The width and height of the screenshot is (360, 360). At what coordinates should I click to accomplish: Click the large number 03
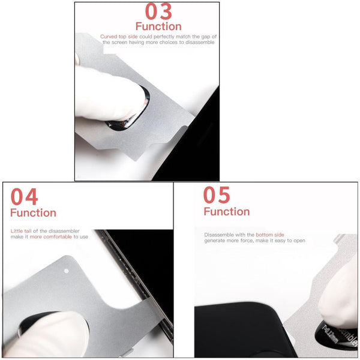(x=158, y=11)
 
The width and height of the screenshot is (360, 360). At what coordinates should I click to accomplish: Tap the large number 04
(x=25, y=196)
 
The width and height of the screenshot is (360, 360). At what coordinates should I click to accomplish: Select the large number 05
(x=217, y=195)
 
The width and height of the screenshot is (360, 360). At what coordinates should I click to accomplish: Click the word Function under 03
(x=158, y=26)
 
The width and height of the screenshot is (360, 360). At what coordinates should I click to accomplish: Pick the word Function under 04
(x=33, y=213)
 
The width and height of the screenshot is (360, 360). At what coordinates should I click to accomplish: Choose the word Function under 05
(x=227, y=211)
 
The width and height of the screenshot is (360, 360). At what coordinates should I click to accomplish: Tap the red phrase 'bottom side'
(x=270, y=235)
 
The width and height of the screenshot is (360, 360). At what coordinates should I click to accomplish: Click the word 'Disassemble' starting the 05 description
(x=219, y=235)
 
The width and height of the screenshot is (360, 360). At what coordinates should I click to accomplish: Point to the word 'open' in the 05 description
(x=299, y=241)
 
